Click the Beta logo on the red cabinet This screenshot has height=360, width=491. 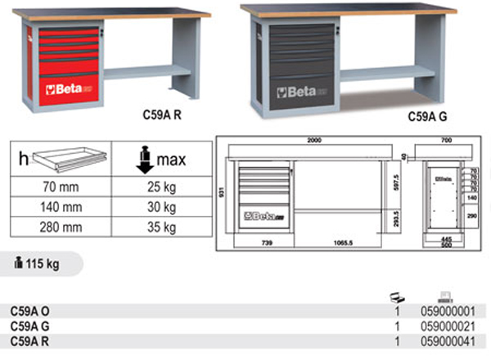(x=65, y=83)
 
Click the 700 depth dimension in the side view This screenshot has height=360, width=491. (x=445, y=142)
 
